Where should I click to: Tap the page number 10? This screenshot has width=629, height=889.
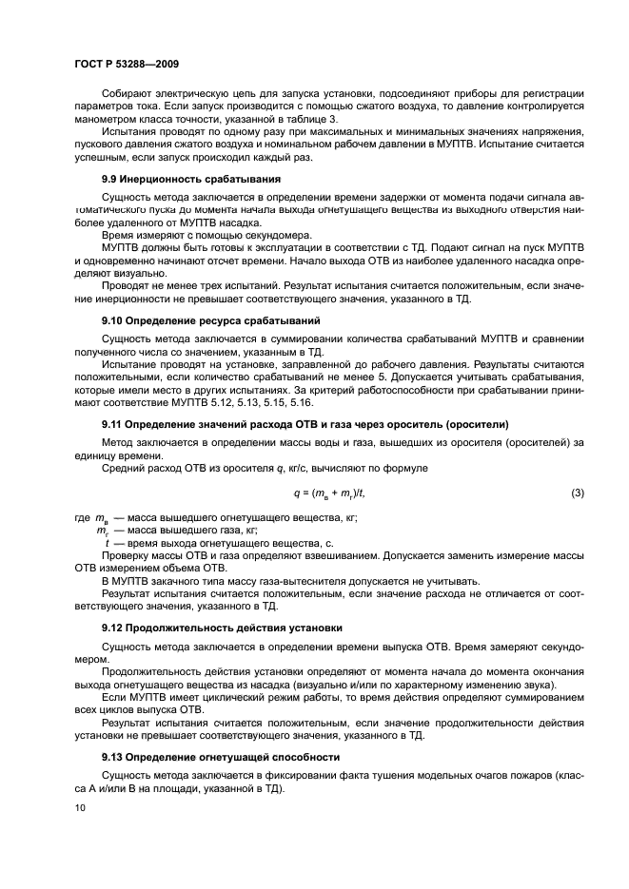click(x=79, y=808)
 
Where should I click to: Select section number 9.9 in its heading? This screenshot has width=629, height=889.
click(x=111, y=179)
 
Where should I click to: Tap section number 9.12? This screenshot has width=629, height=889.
click(x=114, y=628)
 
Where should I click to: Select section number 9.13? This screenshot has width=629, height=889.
click(x=114, y=757)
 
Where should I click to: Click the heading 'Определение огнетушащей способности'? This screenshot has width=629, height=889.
click(x=237, y=757)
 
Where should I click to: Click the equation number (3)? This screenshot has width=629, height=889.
click(x=577, y=493)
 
